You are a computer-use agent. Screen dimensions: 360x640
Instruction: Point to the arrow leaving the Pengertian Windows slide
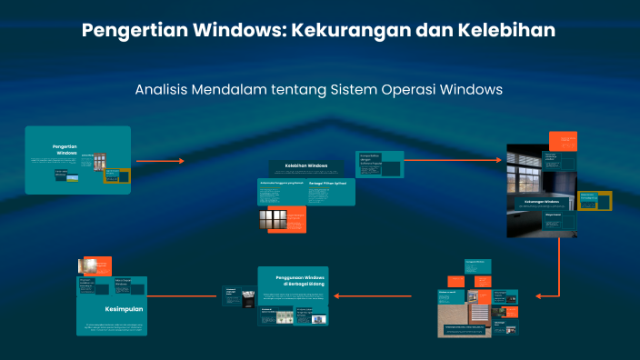pos(160,161)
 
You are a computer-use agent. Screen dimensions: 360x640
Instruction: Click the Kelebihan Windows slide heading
pos(305,165)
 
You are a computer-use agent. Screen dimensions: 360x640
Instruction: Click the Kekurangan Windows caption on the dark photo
pos(541,200)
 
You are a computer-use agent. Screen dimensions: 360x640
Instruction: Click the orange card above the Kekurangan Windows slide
pos(562,141)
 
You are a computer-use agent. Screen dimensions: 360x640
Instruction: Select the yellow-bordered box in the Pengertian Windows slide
pos(112,175)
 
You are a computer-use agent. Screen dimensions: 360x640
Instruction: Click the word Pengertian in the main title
pos(134,30)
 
